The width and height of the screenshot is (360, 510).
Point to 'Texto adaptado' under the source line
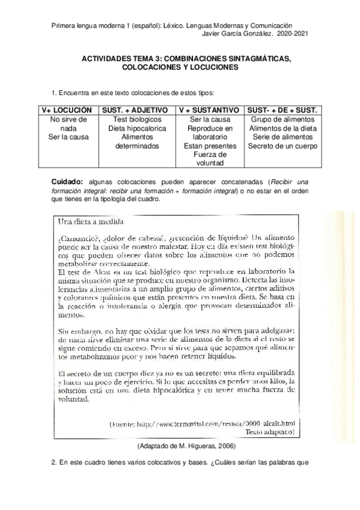click(x=270, y=432)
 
